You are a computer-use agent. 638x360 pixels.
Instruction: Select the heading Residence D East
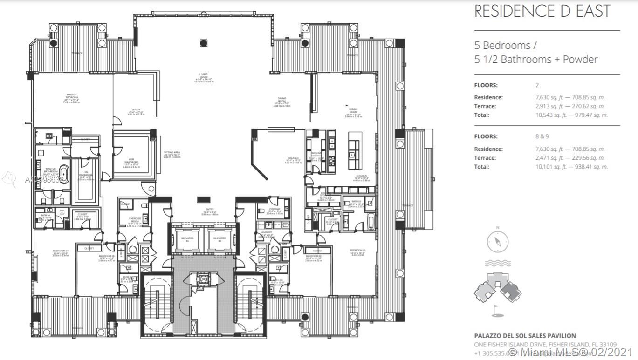542,11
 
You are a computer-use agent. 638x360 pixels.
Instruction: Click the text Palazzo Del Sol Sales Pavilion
525,335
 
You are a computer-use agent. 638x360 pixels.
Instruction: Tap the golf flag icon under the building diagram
497,308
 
